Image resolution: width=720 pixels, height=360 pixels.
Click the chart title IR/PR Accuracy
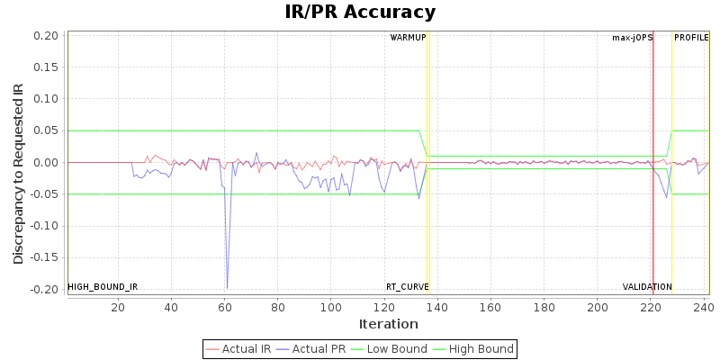[x=360, y=12]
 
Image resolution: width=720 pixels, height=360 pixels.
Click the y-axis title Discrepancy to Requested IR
[x=18, y=174]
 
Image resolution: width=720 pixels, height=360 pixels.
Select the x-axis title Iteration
[x=388, y=324]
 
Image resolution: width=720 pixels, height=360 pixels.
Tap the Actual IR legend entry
[x=243, y=349]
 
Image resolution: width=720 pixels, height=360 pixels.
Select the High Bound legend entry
[x=473, y=349]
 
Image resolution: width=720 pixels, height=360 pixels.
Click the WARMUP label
[x=408, y=38]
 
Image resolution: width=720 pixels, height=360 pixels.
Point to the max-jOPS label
[x=633, y=38]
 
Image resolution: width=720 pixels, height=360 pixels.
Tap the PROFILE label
[x=691, y=38]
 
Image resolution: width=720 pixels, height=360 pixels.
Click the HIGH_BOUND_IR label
[x=103, y=287]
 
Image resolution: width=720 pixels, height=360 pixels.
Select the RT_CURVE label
[x=407, y=287]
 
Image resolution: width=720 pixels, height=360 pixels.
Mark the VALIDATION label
[x=647, y=287]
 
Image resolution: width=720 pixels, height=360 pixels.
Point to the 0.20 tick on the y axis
[x=48, y=36]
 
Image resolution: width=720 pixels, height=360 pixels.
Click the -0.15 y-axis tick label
[x=46, y=257]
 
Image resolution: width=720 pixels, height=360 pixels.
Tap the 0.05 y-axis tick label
[x=48, y=130]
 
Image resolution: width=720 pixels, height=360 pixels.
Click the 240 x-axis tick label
[x=704, y=307]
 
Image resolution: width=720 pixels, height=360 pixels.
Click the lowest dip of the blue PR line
[x=227, y=288]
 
